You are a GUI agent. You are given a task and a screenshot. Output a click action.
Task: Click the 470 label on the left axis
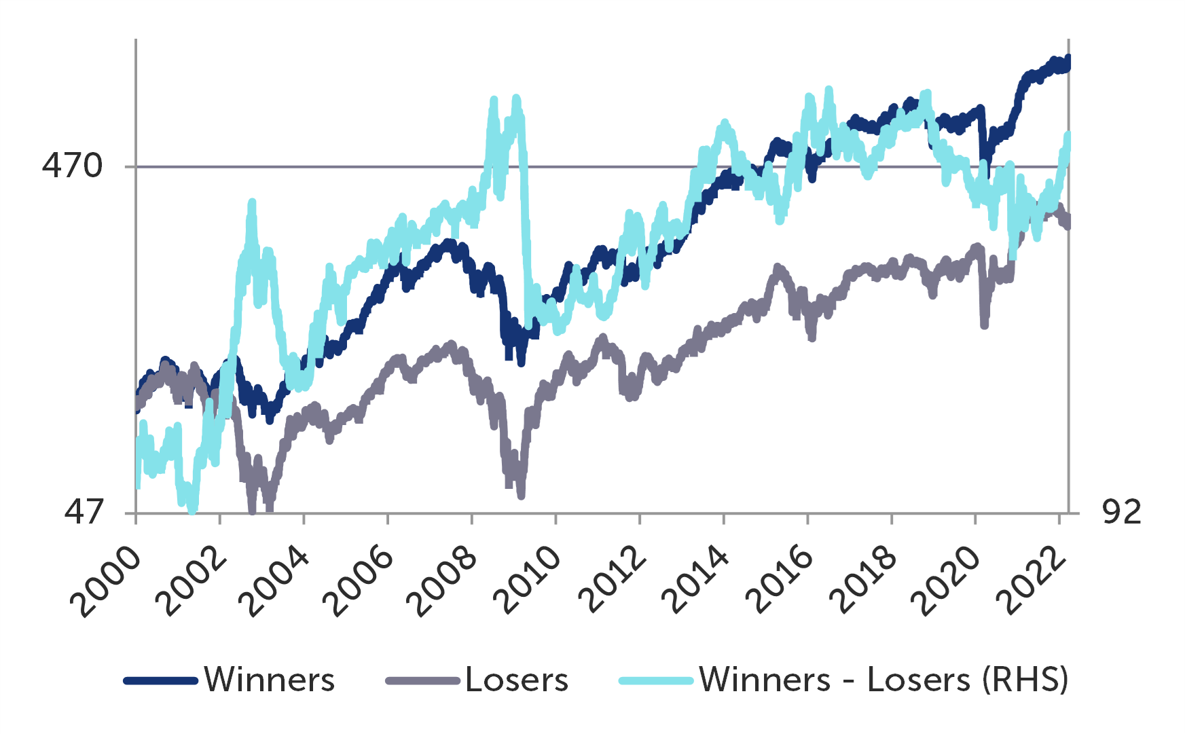[72, 166]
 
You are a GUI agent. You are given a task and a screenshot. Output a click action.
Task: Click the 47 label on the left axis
[84, 512]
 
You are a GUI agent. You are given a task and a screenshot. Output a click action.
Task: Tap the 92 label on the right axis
[1122, 512]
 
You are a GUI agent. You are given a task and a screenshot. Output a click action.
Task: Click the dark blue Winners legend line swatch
[161, 680]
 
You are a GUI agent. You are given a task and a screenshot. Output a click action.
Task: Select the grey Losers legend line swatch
[422, 680]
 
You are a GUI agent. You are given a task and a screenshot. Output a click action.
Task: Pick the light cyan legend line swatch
[656, 680]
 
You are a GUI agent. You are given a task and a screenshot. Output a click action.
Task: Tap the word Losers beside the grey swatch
[517, 680]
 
